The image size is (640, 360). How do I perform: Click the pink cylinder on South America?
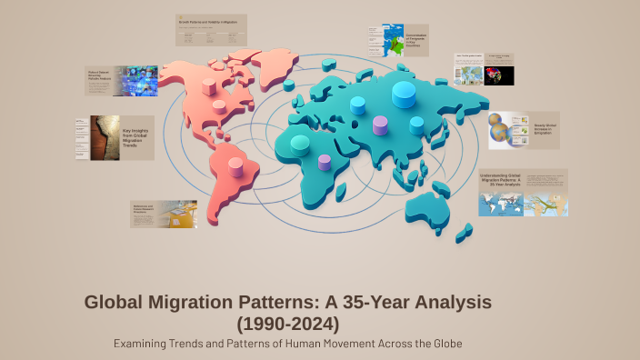pyautogui.click(x=236, y=166)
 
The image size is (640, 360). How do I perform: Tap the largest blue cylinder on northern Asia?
pyautogui.click(x=404, y=94)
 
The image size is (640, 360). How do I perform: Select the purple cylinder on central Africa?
pyautogui.click(x=325, y=164)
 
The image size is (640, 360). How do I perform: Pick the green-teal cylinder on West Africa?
pyautogui.click(x=299, y=144)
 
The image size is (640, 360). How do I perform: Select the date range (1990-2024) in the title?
pyautogui.click(x=287, y=323)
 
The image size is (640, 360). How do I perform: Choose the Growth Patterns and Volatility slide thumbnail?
pyautogui.click(x=212, y=29)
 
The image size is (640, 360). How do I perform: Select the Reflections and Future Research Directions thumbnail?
pyautogui.click(x=164, y=215)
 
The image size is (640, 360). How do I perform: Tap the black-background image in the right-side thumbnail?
pyautogui.click(x=499, y=74)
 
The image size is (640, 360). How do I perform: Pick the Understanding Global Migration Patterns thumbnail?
pyautogui.click(x=523, y=192)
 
